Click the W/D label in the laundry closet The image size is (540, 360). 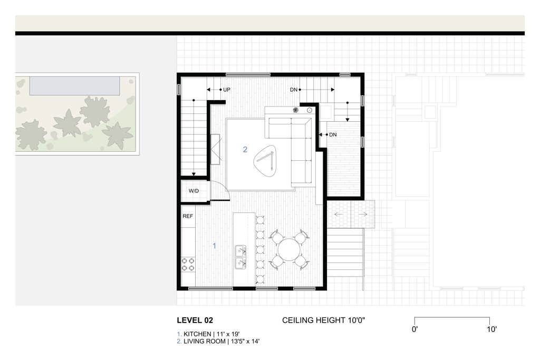194,191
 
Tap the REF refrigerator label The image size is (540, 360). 188,216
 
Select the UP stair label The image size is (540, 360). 227,90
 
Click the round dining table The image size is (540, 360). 290,250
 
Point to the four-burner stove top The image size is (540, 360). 188,265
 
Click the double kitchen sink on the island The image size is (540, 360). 240,257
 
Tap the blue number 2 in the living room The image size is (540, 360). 245,149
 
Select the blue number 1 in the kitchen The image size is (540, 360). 214,246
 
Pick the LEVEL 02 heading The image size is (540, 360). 195,320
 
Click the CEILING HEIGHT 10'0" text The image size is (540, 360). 323,320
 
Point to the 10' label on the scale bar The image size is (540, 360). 491,329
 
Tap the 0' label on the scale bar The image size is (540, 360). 414,329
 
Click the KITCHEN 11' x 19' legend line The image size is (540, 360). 208,334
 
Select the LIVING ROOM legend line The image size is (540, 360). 218,342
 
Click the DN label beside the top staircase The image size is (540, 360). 293,90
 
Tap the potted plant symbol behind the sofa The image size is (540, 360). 295,110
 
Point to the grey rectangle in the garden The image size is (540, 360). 75,86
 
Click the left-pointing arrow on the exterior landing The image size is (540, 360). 339,215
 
